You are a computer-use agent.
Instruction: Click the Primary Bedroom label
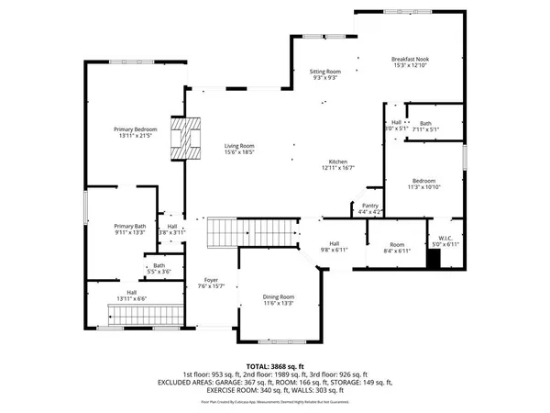tap(135, 133)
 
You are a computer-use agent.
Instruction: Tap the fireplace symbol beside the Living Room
tap(188, 139)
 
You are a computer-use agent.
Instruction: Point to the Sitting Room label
tap(325, 74)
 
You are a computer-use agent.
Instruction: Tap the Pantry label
tap(370, 208)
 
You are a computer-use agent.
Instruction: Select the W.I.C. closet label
tap(445, 240)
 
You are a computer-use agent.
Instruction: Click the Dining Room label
tap(279, 300)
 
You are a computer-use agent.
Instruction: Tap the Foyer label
tap(212, 284)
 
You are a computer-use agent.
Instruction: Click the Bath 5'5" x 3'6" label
tap(159, 269)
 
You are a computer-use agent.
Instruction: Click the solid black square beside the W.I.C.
tap(434, 258)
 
